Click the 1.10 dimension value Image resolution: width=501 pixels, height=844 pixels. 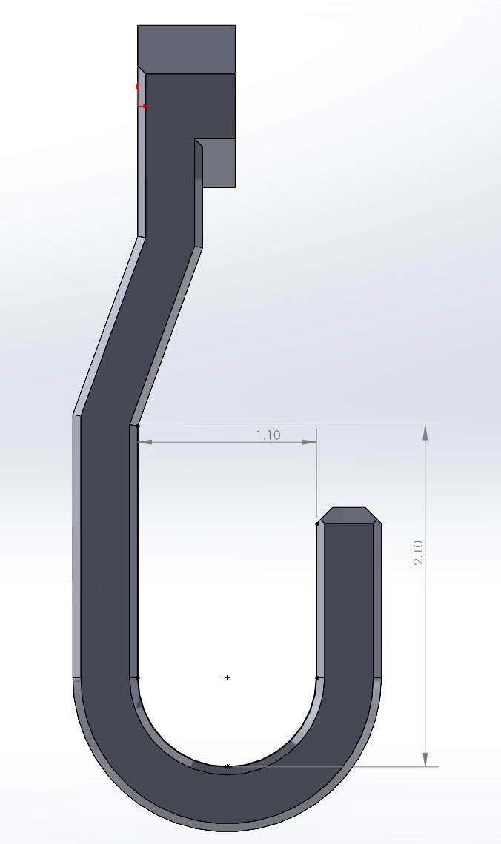click(268, 435)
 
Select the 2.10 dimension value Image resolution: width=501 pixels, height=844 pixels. click(418, 553)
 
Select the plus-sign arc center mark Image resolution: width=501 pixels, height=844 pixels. click(227, 677)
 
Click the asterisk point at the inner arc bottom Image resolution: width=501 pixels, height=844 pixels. click(227, 767)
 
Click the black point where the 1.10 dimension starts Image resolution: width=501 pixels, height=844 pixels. click(138, 426)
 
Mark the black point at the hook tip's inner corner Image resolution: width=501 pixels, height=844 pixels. click(317, 524)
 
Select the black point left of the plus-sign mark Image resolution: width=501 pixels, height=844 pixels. click(138, 677)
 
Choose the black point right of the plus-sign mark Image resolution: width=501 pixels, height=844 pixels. click(317, 677)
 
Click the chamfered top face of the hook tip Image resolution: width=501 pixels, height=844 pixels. click(348, 515)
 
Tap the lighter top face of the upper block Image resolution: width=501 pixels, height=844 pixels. click(186, 49)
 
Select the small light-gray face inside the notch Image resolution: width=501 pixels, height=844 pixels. click(219, 163)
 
